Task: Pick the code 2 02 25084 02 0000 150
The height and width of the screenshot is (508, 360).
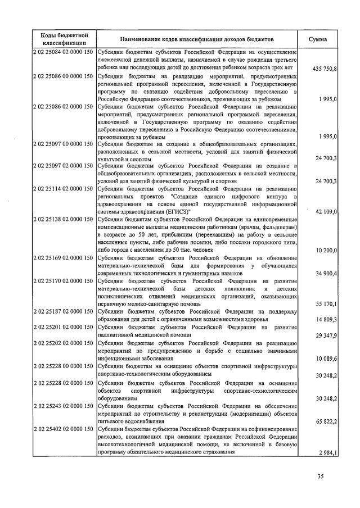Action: (63, 52)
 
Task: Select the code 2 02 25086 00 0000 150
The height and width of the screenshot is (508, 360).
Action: (63, 76)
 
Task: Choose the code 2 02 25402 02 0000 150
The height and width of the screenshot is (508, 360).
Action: (63, 429)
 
